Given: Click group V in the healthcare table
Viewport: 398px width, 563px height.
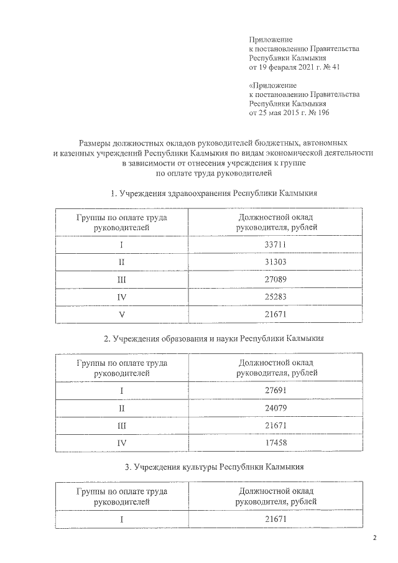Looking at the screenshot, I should click(122, 315).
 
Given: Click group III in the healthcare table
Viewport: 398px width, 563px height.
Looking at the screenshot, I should click(122, 279).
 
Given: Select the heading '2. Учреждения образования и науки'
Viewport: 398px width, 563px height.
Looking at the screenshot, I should click(214, 338).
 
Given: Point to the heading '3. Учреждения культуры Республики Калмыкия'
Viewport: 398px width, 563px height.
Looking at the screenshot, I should click(214, 466).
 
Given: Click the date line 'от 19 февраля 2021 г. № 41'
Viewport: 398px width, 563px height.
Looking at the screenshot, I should click(294, 67).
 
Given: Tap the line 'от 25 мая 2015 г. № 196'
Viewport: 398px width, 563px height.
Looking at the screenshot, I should click(289, 113).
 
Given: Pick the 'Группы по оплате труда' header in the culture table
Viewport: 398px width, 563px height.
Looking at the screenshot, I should click(122, 491).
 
